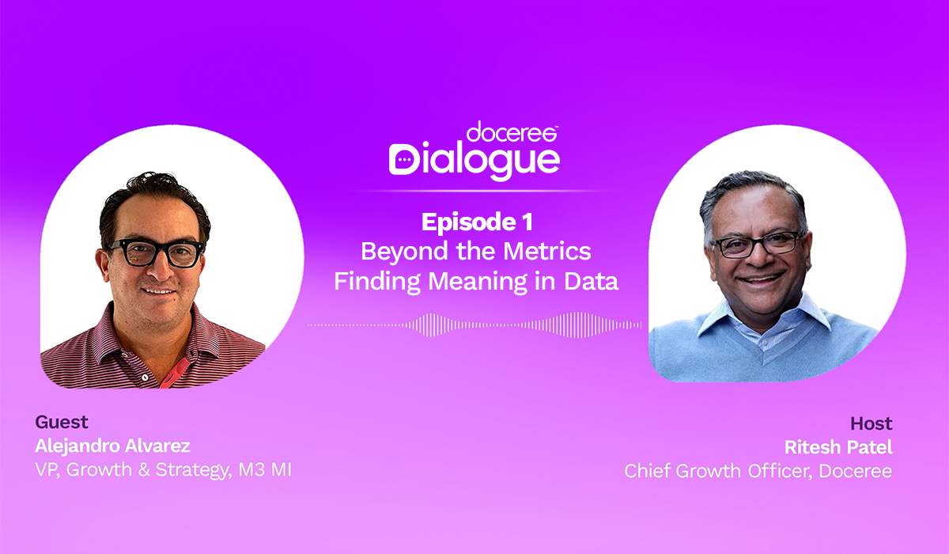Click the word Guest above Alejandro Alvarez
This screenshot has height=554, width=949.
pyautogui.click(x=62, y=422)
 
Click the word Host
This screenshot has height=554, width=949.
pyautogui.click(x=871, y=423)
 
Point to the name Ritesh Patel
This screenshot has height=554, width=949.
pyautogui.click(x=838, y=447)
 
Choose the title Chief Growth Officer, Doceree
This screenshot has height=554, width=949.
pyautogui.click(x=758, y=472)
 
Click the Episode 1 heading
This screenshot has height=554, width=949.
pyautogui.click(x=476, y=222)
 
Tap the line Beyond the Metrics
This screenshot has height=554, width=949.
pyautogui.click(x=476, y=252)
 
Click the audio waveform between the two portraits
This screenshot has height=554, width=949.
pyautogui.click(x=475, y=324)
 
